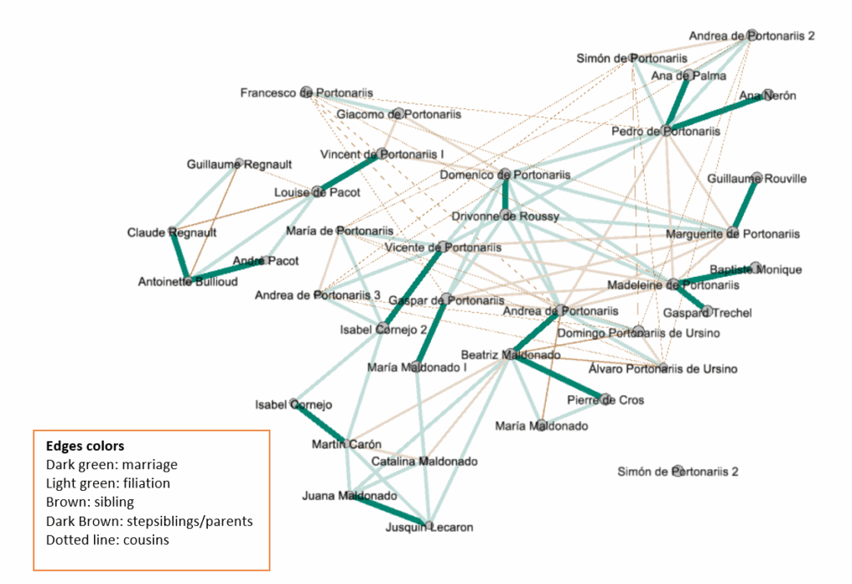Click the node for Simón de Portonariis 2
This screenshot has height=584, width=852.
[678, 471]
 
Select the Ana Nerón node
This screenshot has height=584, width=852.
[767, 95]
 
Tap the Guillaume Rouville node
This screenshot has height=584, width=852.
[755, 178]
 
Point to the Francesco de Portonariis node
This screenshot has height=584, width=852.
[306, 92]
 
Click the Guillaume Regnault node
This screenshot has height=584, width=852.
[240, 164]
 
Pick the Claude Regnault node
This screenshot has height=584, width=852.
[173, 231]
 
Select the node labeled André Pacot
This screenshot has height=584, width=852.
[267, 260]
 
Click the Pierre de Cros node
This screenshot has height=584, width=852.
[606, 399]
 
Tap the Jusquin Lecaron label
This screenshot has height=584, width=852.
[428, 527]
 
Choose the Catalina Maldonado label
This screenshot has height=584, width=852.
[424, 461]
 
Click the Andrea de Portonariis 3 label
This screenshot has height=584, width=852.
[317, 295]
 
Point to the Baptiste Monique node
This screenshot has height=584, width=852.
[755, 269]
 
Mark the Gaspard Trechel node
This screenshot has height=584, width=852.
[706, 312]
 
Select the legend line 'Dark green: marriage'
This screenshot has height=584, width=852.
[111, 464]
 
